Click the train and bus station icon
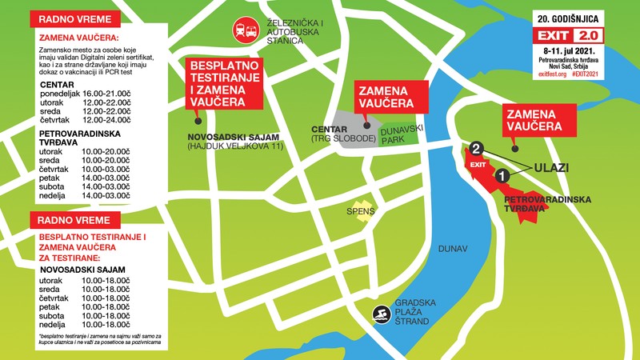[x=245, y=30]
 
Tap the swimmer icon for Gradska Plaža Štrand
[x=379, y=314]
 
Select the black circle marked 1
[x=502, y=174]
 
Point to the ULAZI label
[x=550, y=166]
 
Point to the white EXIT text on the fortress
[x=478, y=165]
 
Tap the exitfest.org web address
[x=547, y=74]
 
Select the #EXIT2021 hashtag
[x=585, y=74]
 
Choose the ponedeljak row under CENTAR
[x=84, y=94]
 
